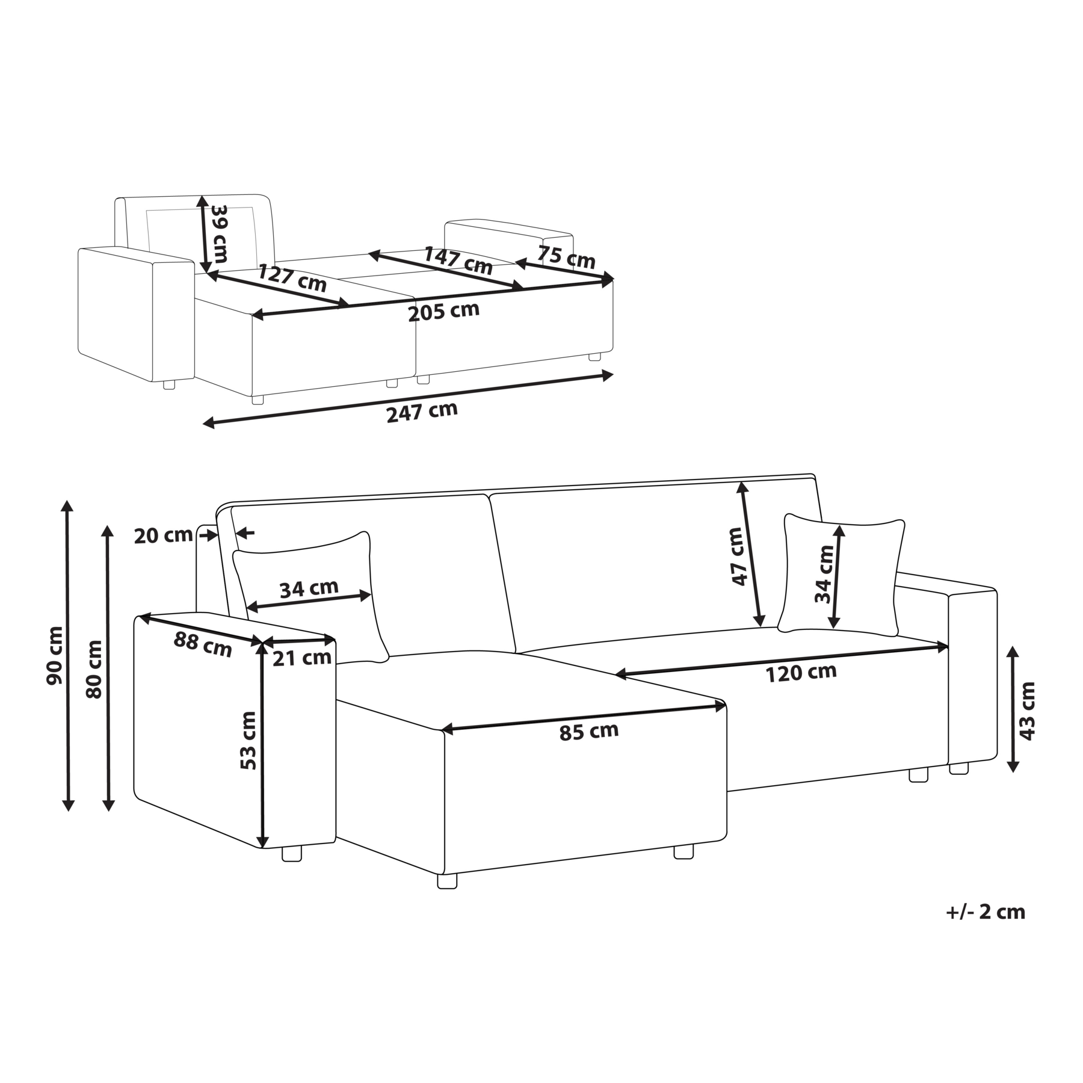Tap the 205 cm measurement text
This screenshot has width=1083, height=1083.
point(443,312)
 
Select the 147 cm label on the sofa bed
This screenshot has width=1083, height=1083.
point(458,260)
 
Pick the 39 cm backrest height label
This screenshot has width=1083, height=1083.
point(218,233)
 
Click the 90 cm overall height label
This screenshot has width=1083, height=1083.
point(55,655)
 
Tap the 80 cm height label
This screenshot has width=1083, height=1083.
point(94,669)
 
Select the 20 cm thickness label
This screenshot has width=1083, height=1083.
point(163,535)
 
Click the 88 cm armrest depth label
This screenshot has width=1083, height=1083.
point(203,643)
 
